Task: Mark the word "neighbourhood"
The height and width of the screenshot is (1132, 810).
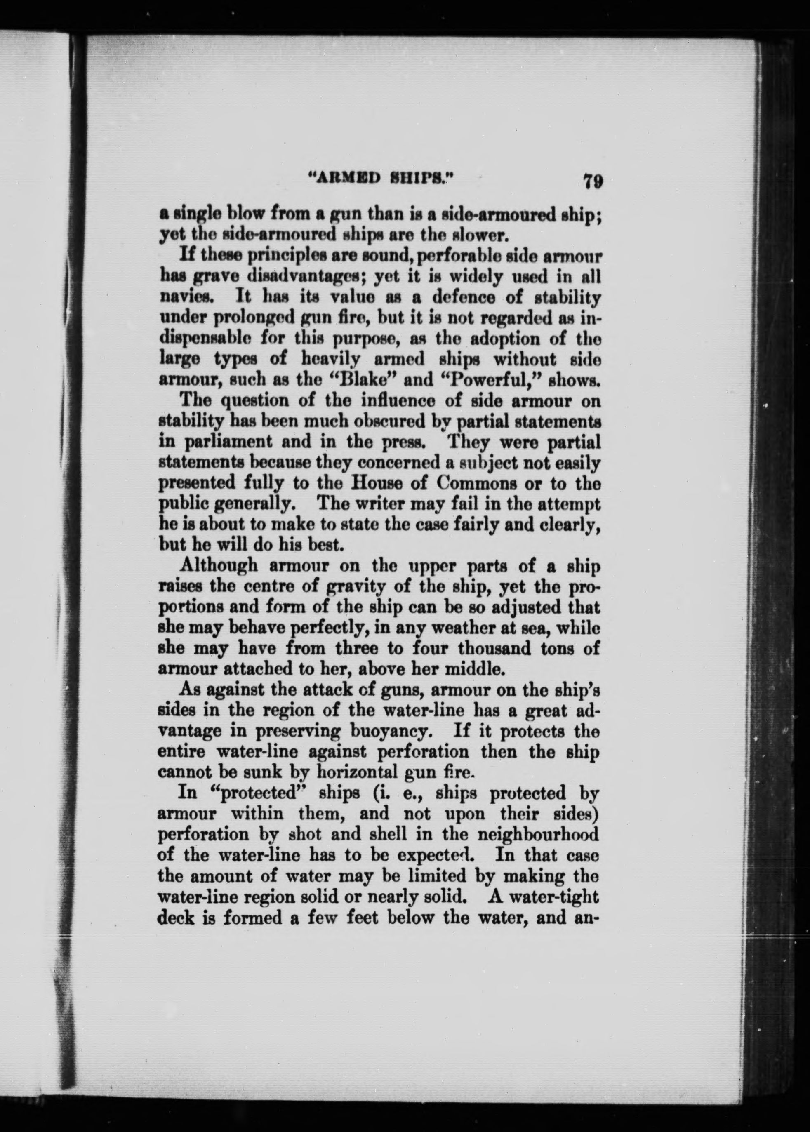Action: point(538,835)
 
